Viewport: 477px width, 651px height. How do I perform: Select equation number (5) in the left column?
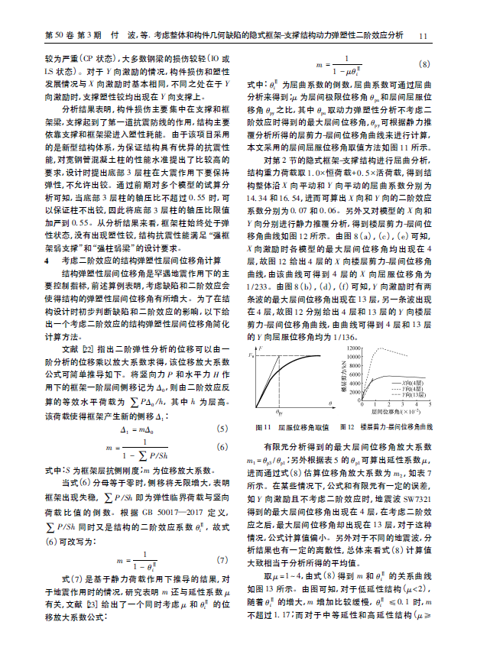(222, 429)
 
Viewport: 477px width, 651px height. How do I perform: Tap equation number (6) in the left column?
(222, 447)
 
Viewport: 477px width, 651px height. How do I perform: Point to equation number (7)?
(222, 560)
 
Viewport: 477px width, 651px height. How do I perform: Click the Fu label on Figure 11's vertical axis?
(252, 354)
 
